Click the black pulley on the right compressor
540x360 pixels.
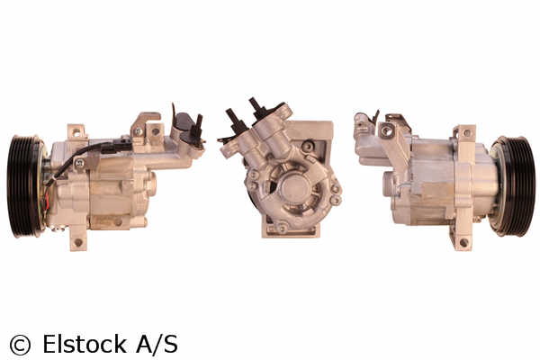[513, 186]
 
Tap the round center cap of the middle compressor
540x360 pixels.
[293, 188]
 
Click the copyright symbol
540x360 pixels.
[20, 345]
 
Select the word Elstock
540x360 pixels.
[85, 344]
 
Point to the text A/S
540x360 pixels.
[157, 344]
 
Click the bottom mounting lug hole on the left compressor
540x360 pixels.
[78, 242]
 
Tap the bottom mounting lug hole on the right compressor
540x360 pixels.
[463, 243]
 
